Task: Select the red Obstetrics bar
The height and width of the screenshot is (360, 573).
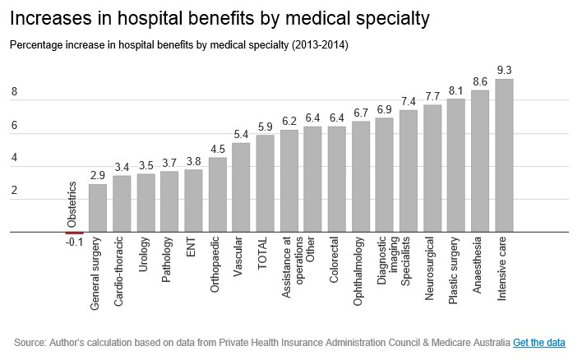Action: (74, 233)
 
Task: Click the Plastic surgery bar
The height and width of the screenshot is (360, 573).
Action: (456, 165)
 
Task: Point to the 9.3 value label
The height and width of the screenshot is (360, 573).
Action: (505, 70)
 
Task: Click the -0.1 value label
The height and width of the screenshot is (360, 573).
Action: (74, 243)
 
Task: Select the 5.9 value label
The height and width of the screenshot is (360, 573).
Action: (265, 127)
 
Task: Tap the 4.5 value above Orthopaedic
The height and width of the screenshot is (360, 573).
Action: (217, 149)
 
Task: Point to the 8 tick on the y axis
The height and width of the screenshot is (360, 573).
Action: (14, 93)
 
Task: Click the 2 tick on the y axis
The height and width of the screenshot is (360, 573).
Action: (14, 191)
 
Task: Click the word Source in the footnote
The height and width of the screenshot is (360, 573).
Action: (30, 342)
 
